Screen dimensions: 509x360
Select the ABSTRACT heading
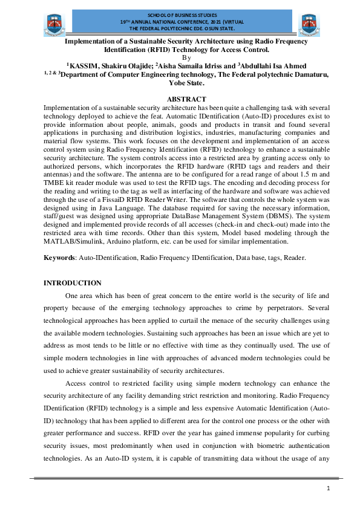coord(186,99)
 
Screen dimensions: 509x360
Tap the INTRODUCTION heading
coord(73,283)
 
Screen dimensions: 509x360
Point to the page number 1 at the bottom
coord(327,488)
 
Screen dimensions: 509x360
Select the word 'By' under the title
coord(186,57)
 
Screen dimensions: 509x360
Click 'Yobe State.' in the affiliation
coord(186,83)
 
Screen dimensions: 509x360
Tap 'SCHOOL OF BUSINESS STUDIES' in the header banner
coord(179,15)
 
